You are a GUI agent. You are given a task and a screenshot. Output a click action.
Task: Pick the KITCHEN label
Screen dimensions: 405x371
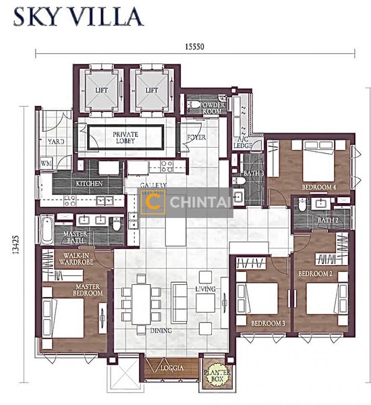[89, 183]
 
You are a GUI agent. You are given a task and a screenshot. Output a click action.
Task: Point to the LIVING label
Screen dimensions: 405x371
[204, 289]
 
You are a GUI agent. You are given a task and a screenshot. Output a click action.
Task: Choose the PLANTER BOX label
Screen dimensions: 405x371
[215, 370]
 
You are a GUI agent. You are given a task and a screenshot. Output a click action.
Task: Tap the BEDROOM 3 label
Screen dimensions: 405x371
[268, 323]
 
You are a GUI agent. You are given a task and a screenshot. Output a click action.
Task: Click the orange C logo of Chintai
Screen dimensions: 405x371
[152, 202]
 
